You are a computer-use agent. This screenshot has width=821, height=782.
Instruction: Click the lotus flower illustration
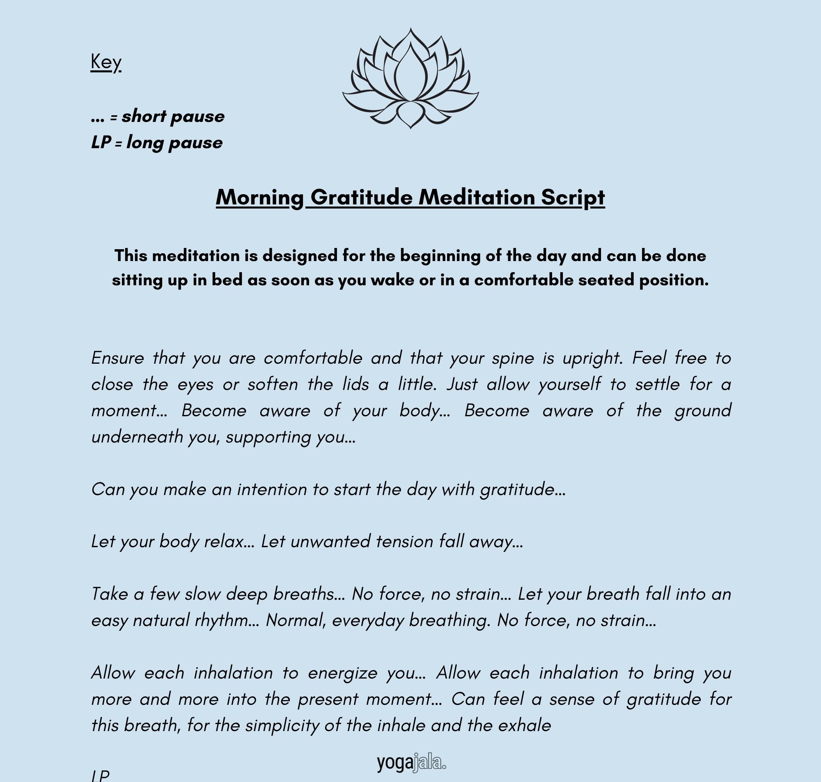click(410, 78)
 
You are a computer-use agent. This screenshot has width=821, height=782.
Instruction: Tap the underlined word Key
click(106, 62)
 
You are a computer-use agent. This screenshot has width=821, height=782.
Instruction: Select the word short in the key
click(144, 116)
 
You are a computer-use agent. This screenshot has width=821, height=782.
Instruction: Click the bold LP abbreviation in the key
click(101, 142)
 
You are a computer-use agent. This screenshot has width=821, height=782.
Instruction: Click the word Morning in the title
click(259, 197)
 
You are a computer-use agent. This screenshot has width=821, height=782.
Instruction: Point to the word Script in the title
click(573, 197)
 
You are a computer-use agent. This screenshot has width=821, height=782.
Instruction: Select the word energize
click(343, 673)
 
